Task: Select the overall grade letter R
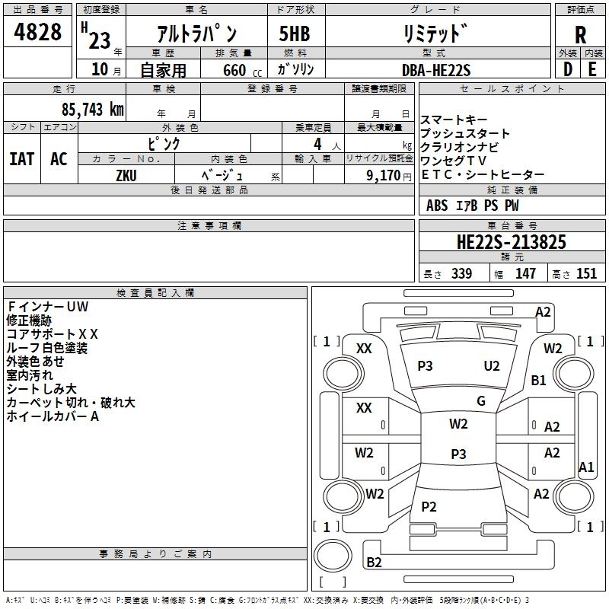(x=580, y=35)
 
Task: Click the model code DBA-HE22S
(x=436, y=70)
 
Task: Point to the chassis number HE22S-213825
(x=511, y=242)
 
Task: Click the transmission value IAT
(x=22, y=159)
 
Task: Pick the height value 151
(x=586, y=273)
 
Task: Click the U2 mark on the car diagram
(x=492, y=366)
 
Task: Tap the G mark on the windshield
(x=481, y=401)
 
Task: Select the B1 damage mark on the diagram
(x=539, y=380)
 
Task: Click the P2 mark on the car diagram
(x=429, y=507)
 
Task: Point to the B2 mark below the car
(x=374, y=562)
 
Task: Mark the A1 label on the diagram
(x=586, y=467)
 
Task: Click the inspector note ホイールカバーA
(x=53, y=416)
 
